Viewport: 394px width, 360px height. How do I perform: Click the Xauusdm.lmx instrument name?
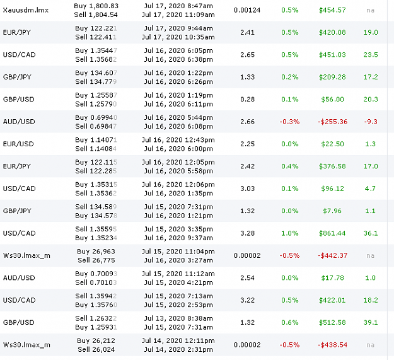click(26, 10)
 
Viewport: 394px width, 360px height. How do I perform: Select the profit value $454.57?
click(332, 10)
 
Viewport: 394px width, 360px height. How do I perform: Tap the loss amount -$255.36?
click(332, 122)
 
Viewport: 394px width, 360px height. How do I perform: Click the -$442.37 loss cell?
click(332, 256)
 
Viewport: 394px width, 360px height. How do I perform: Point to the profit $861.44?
click(332, 233)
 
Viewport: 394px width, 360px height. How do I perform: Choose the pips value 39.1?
click(371, 323)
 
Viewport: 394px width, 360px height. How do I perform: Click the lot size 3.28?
click(247, 233)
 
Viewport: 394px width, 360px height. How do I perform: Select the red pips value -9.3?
click(371, 122)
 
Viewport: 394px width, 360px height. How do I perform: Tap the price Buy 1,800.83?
click(96, 6)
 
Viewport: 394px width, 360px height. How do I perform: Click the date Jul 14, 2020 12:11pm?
click(178, 340)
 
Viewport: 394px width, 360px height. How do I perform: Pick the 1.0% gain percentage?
click(289, 233)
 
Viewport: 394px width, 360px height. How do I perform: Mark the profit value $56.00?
click(332, 100)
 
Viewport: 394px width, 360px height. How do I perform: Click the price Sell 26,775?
click(96, 260)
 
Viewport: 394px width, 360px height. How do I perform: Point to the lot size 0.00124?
click(247, 10)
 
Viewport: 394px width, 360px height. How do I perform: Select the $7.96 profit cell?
click(332, 211)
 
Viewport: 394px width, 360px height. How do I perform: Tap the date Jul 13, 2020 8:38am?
click(178, 318)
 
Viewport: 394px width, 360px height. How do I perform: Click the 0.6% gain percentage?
click(289, 323)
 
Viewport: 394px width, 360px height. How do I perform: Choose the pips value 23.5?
click(371, 55)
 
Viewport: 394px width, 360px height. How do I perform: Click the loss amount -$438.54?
click(332, 345)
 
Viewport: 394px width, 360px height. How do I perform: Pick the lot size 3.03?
click(247, 189)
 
